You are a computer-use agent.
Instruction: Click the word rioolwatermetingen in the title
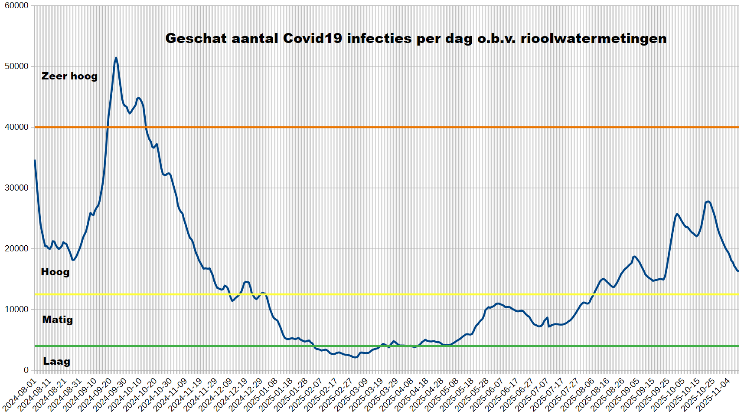tap(594, 38)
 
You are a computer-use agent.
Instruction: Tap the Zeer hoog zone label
tap(69, 76)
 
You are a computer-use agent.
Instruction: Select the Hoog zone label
tap(55, 272)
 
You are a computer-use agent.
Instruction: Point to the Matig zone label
tap(57, 320)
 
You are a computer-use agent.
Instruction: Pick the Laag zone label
tap(56, 361)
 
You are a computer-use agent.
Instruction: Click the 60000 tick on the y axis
tap(16, 6)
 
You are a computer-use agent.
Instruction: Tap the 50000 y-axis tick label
tap(16, 66)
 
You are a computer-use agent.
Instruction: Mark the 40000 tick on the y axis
tap(16, 127)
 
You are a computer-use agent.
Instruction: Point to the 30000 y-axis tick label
tap(16, 188)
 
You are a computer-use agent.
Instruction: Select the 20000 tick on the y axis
tap(16, 249)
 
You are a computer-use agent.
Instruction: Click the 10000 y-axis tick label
tap(16, 310)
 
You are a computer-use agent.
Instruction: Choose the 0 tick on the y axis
tap(26, 370)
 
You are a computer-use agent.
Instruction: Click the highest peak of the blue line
tap(116, 58)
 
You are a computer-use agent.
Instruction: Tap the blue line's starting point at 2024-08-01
tap(35, 160)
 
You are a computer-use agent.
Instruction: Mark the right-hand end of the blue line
tap(738, 271)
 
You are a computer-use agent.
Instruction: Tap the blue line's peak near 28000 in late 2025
tap(708, 201)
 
